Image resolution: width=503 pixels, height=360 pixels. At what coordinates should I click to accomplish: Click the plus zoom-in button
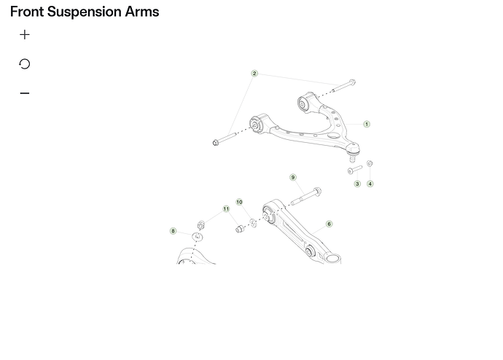[25, 35]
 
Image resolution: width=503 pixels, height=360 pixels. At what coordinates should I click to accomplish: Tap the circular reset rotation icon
[25, 64]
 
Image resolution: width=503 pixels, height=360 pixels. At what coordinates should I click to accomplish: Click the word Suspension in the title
[85, 12]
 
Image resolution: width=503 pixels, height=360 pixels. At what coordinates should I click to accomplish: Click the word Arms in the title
[142, 12]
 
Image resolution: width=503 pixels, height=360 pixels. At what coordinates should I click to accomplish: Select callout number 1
[367, 124]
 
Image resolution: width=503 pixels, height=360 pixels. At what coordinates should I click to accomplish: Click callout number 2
[254, 74]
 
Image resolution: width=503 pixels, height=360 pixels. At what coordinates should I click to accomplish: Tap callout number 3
[357, 184]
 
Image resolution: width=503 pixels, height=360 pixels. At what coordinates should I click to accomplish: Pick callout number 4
[370, 184]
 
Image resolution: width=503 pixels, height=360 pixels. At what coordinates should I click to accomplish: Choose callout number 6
[329, 224]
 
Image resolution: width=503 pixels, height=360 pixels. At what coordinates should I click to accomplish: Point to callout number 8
[173, 231]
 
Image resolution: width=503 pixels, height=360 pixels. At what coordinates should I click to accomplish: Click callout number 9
[293, 177]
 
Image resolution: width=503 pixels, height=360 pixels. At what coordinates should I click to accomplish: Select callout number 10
[239, 202]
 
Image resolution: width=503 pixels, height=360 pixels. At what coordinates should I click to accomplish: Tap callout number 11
[226, 209]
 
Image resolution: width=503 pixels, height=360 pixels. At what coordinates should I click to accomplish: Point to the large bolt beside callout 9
[306, 196]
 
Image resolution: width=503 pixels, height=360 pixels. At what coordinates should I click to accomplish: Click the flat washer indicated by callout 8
[198, 237]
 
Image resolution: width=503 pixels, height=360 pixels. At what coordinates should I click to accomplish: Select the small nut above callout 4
[370, 163]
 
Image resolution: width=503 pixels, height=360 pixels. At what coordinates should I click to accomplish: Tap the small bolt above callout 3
[355, 169]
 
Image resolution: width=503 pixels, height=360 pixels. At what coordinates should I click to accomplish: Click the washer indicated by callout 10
[253, 222]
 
